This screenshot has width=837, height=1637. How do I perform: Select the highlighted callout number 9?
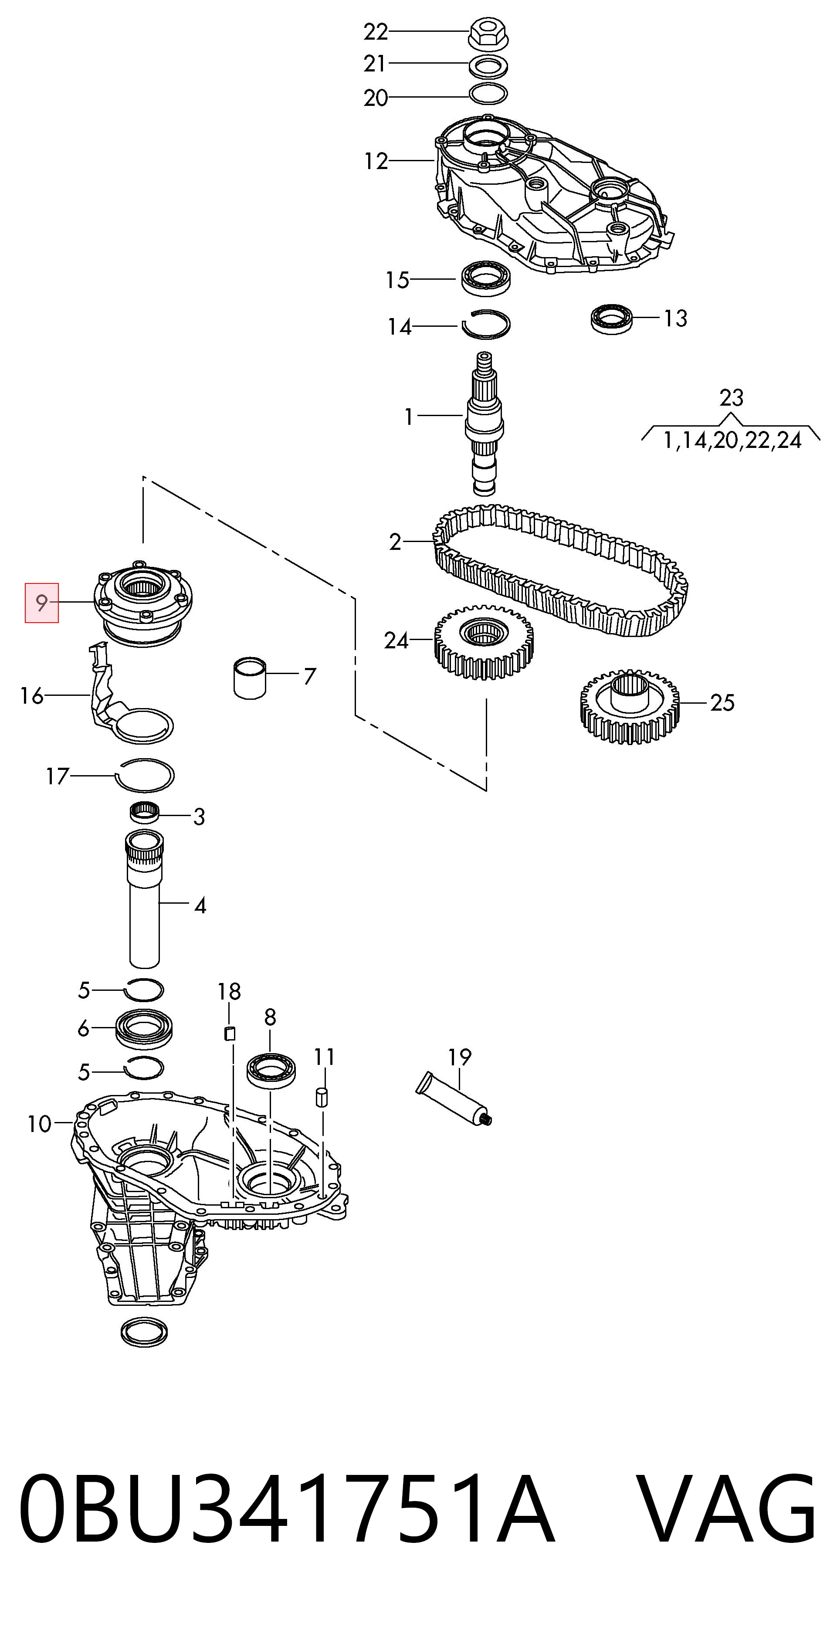coord(41,603)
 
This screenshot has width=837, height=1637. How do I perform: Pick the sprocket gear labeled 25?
coord(629,705)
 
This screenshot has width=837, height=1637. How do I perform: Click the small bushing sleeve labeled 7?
coord(250,678)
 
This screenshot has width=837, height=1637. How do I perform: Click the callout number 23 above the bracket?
coord(731,398)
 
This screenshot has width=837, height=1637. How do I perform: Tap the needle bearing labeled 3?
coord(144,813)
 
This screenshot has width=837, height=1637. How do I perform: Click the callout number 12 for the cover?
coord(376,161)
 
